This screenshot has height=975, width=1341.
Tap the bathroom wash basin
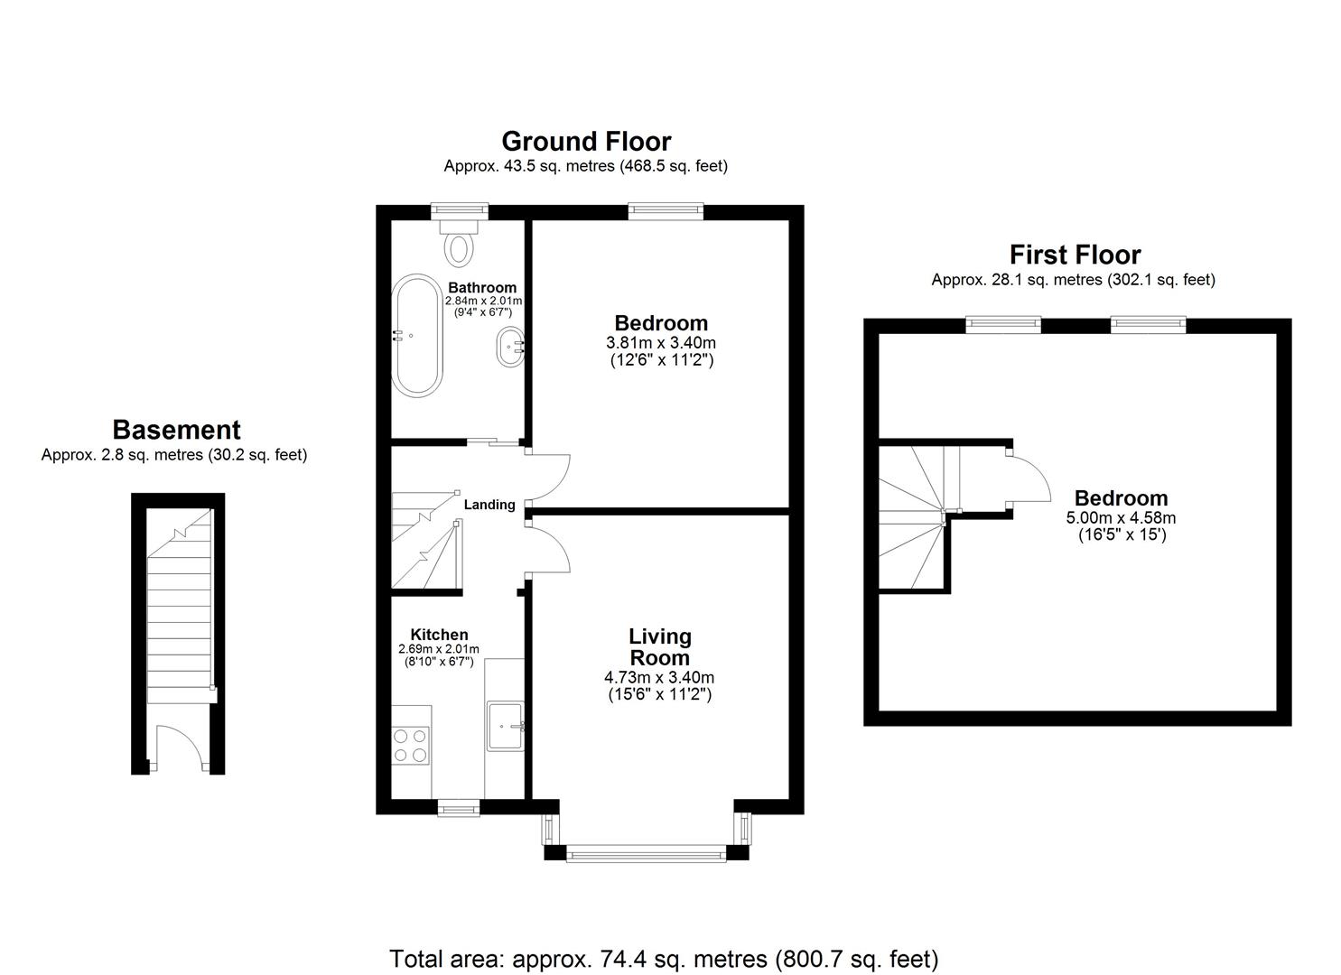tap(510, 346)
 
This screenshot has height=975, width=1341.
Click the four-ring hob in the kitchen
tap(410, 746)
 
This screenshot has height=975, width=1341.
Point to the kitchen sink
tap(507, 725)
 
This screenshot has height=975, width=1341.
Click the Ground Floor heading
tap(586, 142)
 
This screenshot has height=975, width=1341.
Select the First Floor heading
tap(1075, 255)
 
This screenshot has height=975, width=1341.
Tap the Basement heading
tap(176, 430)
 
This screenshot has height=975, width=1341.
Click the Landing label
tap(489, 505)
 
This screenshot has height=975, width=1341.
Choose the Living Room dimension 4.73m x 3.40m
tap(659, 677)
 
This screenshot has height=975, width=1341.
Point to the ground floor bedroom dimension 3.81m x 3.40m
tap(661, 343)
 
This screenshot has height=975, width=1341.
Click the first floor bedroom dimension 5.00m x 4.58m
tap(1121, 518)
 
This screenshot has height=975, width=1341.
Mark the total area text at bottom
tap(664, 958)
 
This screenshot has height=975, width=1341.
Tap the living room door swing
tap(549, 549)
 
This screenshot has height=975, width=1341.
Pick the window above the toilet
tap(459, 211)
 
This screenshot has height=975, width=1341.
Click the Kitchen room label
tap(439, 635)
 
